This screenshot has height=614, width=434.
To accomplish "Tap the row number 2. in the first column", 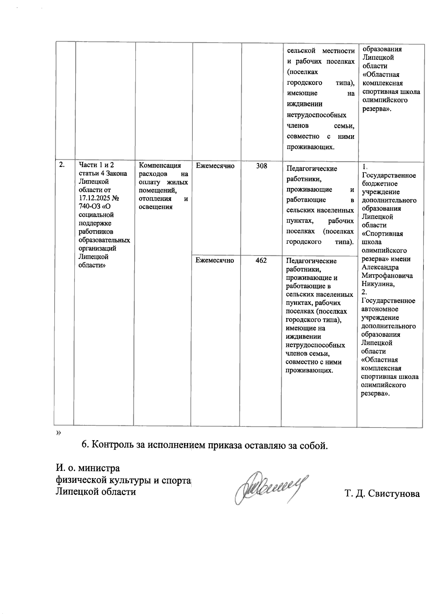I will point(62,165).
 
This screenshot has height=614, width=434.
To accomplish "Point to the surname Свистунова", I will point(394,494).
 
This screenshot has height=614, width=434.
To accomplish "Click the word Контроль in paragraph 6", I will point(109,445).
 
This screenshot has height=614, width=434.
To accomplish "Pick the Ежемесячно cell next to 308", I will point(215,166).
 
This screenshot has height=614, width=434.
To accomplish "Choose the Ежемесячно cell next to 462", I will point(215,260).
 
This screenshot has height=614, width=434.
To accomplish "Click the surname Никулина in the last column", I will point(378,284).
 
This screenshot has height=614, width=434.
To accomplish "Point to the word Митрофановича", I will point(387,276).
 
